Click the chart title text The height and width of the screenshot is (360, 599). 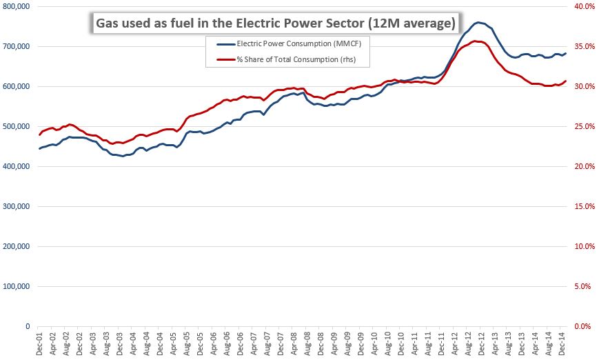274,23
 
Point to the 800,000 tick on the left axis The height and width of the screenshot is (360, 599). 16,7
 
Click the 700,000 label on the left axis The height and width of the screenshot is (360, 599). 16,47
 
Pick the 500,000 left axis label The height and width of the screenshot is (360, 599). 16,127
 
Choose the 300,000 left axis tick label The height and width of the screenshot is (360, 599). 16,206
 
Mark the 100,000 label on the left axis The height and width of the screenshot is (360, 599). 16,286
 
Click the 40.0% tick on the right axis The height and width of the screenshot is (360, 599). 583,7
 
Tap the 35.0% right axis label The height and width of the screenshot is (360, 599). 583,47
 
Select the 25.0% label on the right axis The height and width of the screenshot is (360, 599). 583,127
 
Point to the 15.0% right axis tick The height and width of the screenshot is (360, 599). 583,206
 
